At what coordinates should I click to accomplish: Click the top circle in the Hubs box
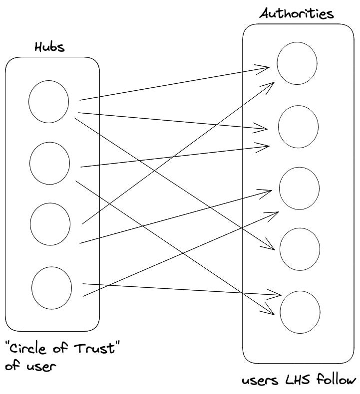coord(48,101)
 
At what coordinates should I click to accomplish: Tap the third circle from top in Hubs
coord(49,224)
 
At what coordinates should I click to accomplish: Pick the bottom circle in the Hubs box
coord(51,287)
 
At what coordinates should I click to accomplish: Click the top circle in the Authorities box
coord(297,63)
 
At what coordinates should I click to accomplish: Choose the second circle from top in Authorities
coord(298,126)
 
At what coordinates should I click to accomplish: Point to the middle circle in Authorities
coord(299,189)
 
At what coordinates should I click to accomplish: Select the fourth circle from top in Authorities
coord(299,249)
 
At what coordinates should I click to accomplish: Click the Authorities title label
coord(297,13)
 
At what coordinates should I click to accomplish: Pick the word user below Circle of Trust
coord(38,367)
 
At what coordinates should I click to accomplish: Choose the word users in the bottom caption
coord(262,382)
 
